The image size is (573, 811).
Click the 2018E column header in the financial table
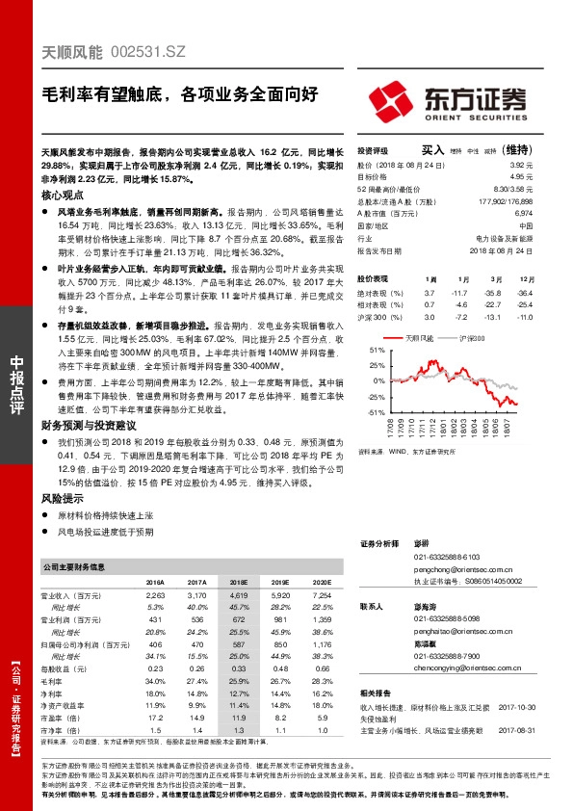(238, 583)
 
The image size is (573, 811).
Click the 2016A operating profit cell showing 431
(155, 619)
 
